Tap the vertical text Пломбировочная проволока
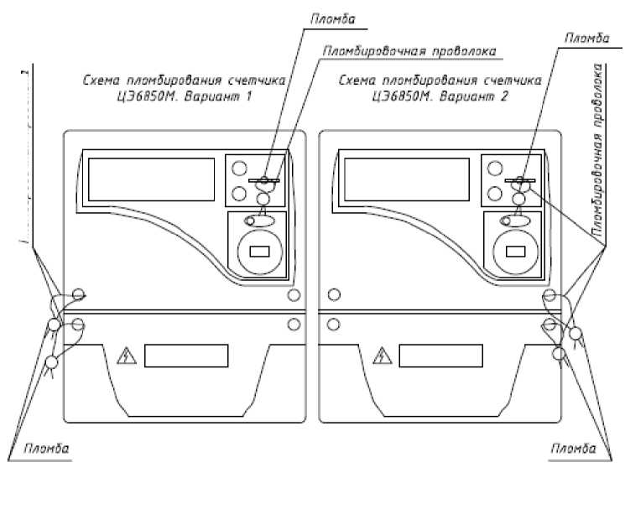[x=599, y=151]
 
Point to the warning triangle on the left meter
[x=128, y=356]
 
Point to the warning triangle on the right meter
[x=383, y=356]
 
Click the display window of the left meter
[x=151, y=179]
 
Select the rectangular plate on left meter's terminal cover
[x=186, y=356]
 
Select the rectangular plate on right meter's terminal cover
[x=441, y=356]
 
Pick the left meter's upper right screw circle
[x=294, y=295]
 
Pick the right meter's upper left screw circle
[x=334, y=294]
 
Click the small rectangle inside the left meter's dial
[x=259, y=250]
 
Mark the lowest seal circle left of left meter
[x=51, y=362]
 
